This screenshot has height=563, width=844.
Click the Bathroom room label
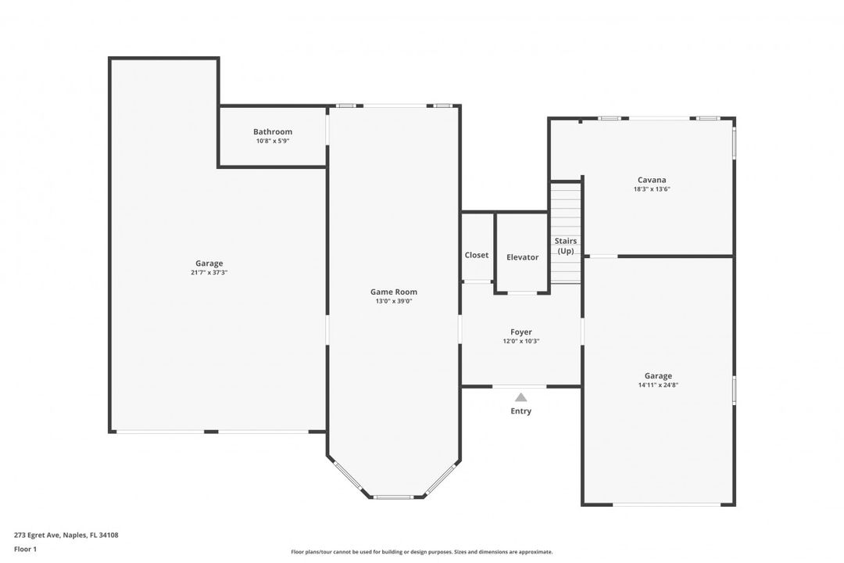[x=273, y=131]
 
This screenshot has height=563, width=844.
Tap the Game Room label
[x=393, y=292]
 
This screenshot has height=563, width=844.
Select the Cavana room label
[x=652, y=180]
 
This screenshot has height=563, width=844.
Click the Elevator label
[x=522, y=257]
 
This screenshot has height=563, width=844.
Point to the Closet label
[x=477, y=255]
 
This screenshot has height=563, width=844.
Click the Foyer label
[x=521, y=332]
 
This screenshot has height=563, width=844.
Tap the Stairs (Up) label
[x=566, y=246]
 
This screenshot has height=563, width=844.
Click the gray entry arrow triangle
[x=520, y=397]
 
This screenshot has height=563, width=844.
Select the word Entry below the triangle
[x=520, y=411]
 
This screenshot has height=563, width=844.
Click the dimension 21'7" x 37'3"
[x=209, y=273]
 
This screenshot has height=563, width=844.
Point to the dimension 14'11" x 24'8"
[x=658, y=385]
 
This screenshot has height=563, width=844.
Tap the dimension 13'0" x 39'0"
[x=393, y=301]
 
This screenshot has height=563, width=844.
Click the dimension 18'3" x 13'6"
[x=652, y=189]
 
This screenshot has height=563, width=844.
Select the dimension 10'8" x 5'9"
[x=273, y=142]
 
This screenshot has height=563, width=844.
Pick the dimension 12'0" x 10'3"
[x=521, y=341]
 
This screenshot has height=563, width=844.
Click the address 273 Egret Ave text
[x=66, y=536]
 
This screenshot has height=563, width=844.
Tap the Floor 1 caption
[x=25, y=550]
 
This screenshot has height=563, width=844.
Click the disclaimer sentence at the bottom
[x=421, y=552]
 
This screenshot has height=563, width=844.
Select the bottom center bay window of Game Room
[x=393, y=497]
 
